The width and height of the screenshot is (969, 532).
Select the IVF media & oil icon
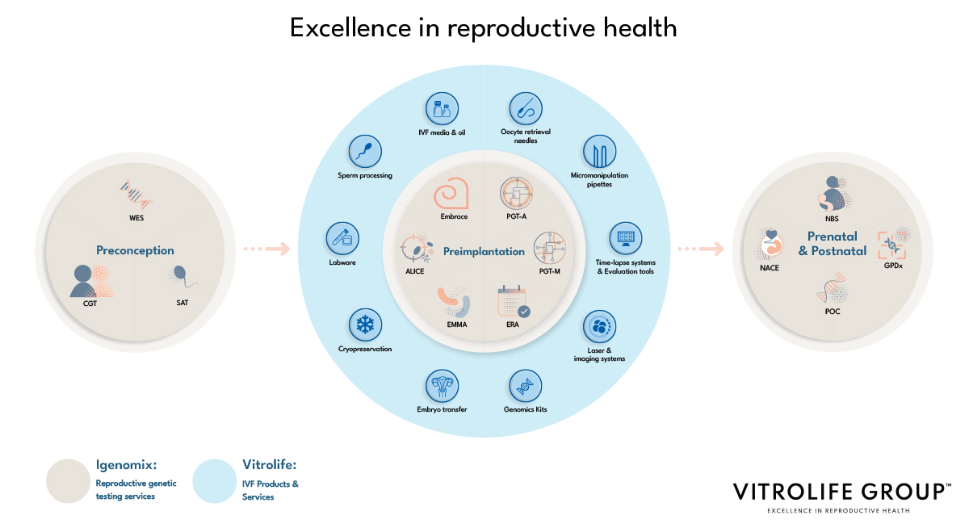[x=442, y=109]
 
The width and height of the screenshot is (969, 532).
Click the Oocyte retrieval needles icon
[x=525, y=108]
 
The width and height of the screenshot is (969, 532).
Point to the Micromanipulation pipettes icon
[x=599, y=152]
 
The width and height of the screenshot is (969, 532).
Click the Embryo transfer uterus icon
[x=442, y=386]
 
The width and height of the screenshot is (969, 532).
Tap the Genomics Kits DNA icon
[x=525, y=386]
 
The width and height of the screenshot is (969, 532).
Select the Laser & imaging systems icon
[x=599, y=327]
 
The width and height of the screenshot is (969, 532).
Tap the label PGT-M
[x=550, y=271]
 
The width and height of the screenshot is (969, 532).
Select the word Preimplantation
[x=484, y=252]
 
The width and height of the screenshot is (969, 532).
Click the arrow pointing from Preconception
[x=266, y=249]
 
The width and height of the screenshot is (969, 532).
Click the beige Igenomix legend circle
[x=68, y=481]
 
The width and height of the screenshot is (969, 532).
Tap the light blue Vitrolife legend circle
[x=215, y=481]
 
